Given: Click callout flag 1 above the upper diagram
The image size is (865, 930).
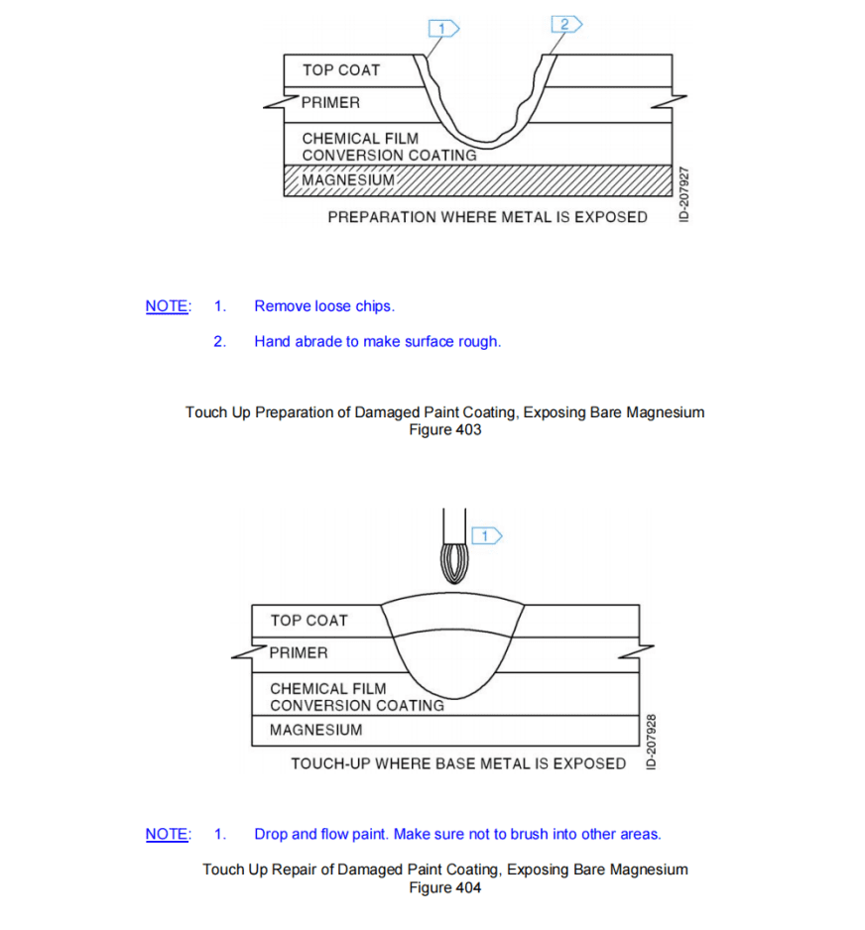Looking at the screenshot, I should coord(442,28).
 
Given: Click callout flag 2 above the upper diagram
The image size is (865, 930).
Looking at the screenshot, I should coord(565,24).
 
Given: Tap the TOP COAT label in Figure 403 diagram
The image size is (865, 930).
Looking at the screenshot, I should coord(340,70).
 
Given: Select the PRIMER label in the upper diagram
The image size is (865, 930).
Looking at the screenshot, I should coord(330,102).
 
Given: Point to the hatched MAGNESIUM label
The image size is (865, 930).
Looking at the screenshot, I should coord(348,180).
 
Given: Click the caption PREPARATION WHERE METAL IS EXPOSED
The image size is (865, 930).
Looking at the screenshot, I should coord(487,217).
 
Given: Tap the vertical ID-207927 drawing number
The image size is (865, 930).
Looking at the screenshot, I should coord(683,194).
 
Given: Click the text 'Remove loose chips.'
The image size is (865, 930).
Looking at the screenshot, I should coord(324,306).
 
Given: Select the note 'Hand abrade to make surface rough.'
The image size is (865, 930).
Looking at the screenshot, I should coord(377,342).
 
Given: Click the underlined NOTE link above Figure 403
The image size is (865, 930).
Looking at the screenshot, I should coord(167,306).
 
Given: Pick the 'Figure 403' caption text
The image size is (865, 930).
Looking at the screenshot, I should coord(445,429).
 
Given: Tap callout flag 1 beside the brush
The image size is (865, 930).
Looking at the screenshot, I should coord(488,536).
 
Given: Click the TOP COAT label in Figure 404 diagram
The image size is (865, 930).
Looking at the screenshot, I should coord(309,621).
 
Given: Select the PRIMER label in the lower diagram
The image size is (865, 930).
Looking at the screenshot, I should coord(299,653).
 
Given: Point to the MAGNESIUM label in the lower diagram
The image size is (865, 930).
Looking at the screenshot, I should coord(315,731).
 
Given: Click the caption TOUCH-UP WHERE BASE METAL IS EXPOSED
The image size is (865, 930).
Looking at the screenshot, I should coord(458,763).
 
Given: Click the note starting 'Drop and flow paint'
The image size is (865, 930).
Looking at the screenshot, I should coord(457,835).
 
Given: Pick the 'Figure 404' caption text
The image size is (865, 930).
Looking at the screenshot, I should coord(445,887).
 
